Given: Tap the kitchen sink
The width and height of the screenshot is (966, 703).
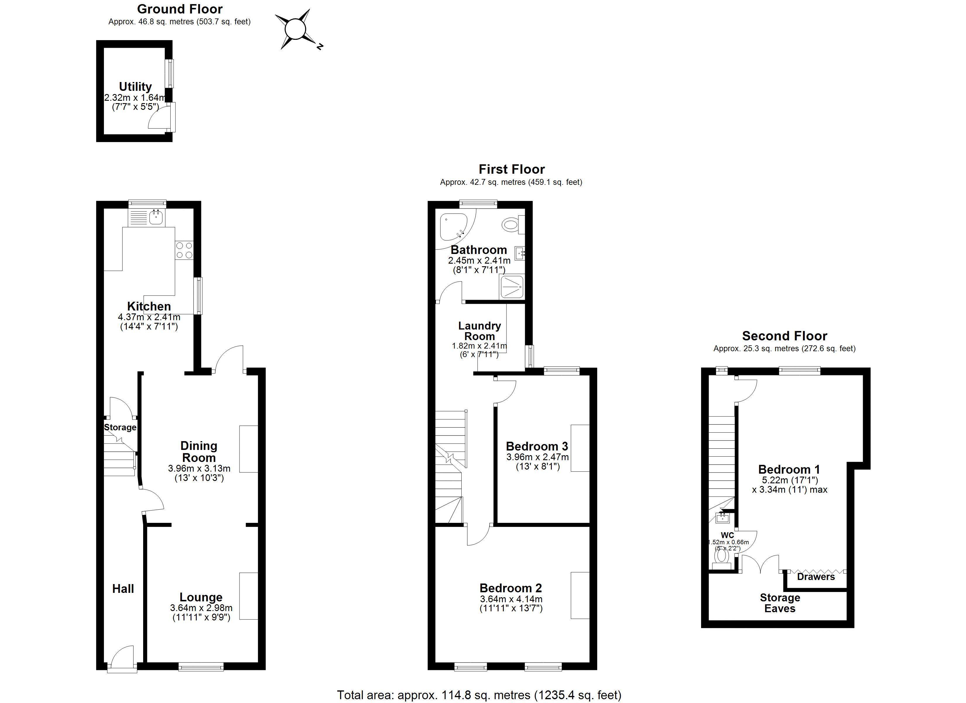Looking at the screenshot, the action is (156, 217).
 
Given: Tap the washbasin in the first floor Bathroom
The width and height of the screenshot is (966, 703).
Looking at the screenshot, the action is (520, 254).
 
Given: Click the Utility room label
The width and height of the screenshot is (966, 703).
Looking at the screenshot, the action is (135, 86).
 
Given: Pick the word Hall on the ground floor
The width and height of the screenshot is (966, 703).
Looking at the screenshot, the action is (123, 589).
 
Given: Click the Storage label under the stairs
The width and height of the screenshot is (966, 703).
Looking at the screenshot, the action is (120, 427).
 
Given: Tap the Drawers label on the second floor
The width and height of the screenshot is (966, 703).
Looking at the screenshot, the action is (816, 577).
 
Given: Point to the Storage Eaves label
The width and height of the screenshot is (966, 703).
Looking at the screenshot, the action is (780, 603).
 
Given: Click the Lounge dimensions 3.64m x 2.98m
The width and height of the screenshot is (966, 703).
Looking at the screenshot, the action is (201, 608).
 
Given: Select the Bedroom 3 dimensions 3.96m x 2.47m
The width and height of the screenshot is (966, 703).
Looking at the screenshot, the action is (537, 457).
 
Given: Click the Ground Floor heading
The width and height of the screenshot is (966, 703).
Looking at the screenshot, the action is (180, 9).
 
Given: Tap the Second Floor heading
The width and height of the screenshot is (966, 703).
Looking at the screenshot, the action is (785, 336).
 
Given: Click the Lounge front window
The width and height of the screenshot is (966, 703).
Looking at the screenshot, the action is (201, 667).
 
